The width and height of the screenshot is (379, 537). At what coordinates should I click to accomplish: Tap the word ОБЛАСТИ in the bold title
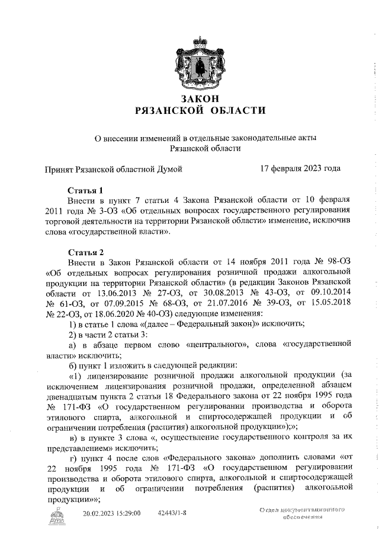(224, 110)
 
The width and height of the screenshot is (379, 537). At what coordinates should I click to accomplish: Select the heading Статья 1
(85, 190)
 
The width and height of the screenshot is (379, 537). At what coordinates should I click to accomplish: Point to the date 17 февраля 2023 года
(300, 169)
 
